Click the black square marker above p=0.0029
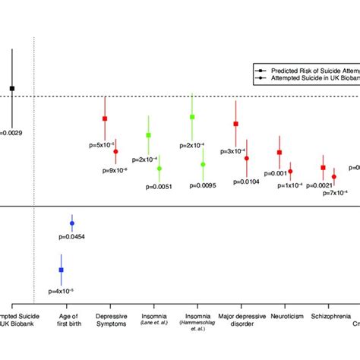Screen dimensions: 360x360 pos(11,88)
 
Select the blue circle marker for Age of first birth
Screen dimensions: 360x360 pos(72,223)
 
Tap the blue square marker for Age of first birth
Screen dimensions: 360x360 pos(61,270)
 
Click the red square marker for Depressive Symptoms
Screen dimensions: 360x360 pos(105,118)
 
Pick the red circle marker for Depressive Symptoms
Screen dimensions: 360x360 pos(115,152)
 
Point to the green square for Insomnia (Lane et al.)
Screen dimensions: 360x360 pos(148,135)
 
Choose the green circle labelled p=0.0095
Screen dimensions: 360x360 pos(203,164)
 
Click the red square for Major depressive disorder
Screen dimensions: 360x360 pos(236,124)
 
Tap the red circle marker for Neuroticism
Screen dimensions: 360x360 pos(290,172)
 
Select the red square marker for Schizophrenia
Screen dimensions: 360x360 pos(323,168)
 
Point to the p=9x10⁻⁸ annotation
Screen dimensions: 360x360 pos(115,171)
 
